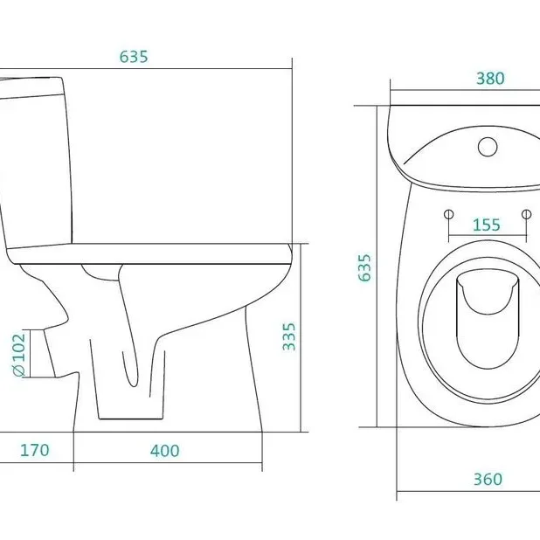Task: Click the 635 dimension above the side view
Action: click(x=134, y=57)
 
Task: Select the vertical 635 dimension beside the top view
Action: click(x=364, y=267)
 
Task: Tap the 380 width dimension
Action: click(x=490, y=79)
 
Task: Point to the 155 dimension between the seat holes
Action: click(x=487, y=225)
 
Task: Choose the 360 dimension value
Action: click(x=488, y=479)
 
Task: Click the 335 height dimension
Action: click(x=289, y=336)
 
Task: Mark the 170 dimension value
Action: click(x=34, y=450)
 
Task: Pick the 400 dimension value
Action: click(x=164, y=451)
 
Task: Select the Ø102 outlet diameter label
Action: click(x=19, y=355)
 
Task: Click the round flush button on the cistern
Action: click(x=488, y=147)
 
